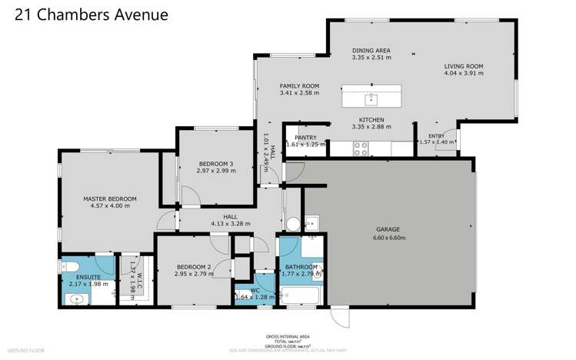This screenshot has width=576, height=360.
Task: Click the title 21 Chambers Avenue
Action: (92, 15)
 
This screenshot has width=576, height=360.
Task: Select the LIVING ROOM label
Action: (463, 67)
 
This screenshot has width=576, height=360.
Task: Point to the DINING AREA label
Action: (371, 50)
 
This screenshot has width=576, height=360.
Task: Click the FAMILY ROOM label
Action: (298, 86)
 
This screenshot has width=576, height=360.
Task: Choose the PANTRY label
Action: (305, 137)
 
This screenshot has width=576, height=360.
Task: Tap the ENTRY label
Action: (436, 135)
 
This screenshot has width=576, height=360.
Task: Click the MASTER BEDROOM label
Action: (109, 198)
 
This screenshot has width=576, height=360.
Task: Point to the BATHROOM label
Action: (301, 267)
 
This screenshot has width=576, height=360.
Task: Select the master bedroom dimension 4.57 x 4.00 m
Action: (109, 206)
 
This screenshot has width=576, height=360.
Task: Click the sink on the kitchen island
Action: (371, 98)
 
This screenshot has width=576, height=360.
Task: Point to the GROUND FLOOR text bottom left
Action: (26, 350)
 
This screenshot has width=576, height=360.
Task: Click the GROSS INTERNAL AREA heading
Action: (287, 337)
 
